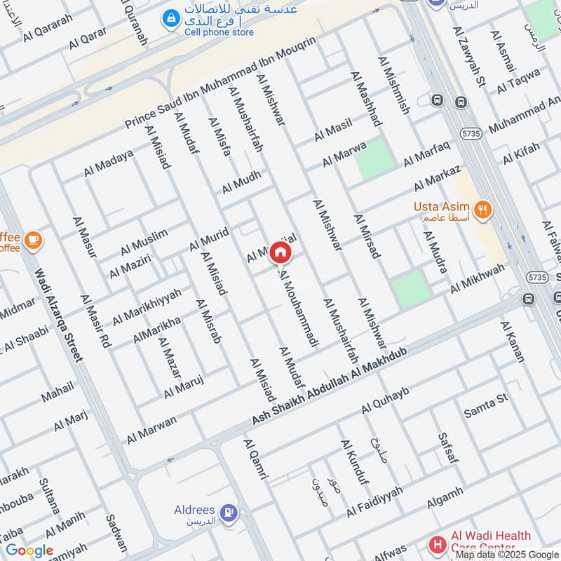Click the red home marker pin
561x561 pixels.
point(279,252)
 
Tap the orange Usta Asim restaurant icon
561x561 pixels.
point(482,208)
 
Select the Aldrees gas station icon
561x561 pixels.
point(227,513)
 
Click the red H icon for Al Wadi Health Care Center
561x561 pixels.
point(438,544)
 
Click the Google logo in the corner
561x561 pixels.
point(29,550)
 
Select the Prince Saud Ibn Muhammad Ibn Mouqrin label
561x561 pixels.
point(222,82)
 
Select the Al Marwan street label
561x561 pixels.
point(151,429)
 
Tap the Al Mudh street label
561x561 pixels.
point(241,182)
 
